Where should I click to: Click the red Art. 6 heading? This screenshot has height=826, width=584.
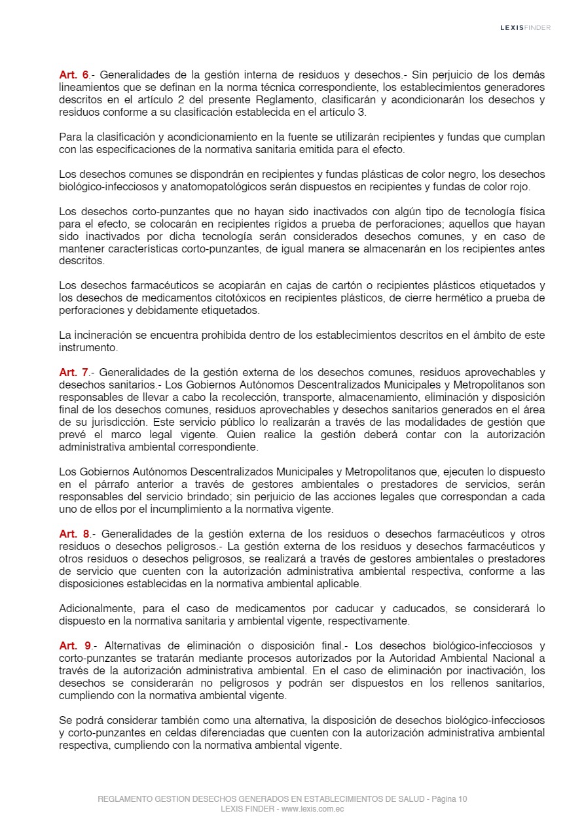74,75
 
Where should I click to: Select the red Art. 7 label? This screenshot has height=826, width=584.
74,372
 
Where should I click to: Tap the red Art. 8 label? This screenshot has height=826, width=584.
74,534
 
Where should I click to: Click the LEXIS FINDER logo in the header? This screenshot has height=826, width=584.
525,27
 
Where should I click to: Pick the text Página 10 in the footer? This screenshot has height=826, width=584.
449,799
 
